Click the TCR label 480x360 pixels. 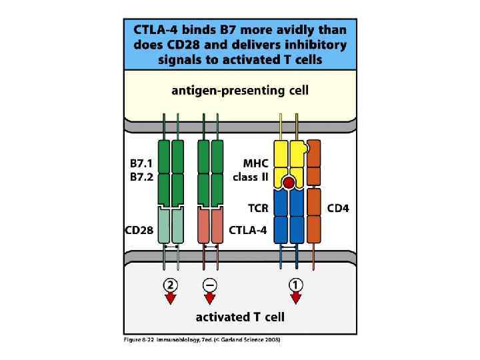point(258,208)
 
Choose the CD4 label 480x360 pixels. point(338,208)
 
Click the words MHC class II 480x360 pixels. point(251,171)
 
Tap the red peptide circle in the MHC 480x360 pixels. point(289,182)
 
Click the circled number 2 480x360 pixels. point(171,284)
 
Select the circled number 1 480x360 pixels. point(295,284)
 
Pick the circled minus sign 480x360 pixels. point(210,284)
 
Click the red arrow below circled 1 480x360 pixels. point(295,298)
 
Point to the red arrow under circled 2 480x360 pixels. point(171,298)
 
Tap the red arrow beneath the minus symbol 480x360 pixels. point(210,298)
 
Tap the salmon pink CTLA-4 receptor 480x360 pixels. point(210,225)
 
